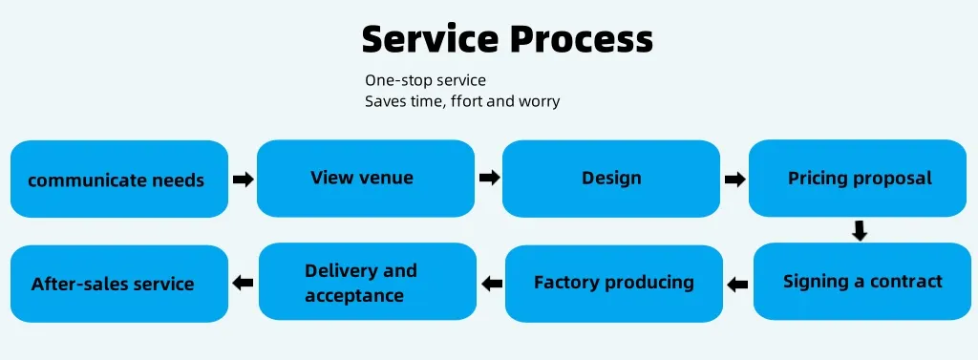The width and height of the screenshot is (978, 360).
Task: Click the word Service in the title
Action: (x=428, y=39)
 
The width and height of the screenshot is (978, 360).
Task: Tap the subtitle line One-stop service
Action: (x=425, y=81)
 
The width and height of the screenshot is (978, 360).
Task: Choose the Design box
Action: (x=611, y=178)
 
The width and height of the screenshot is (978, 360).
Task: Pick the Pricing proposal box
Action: (x=860, y=178)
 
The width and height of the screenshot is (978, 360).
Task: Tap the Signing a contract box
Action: (x=862, y=282)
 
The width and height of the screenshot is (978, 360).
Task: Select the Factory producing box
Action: (x=614, y=283)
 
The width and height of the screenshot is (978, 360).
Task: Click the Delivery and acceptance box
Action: (x=367, y=283)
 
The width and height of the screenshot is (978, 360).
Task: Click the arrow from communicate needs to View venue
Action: (x=243, y=179)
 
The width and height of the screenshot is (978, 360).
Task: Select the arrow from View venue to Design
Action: (x=489, y=178)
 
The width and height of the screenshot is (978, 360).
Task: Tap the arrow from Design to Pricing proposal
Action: (x=734, y=179)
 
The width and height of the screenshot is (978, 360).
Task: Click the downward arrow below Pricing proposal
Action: (x=860, y=230)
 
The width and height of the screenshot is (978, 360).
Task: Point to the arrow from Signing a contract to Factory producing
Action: (x=737, y=283)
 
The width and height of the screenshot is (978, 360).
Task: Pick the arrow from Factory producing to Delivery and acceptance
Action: (x=492, y=283)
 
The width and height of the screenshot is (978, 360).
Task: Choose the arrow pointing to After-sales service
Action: (x=243, y=283)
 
